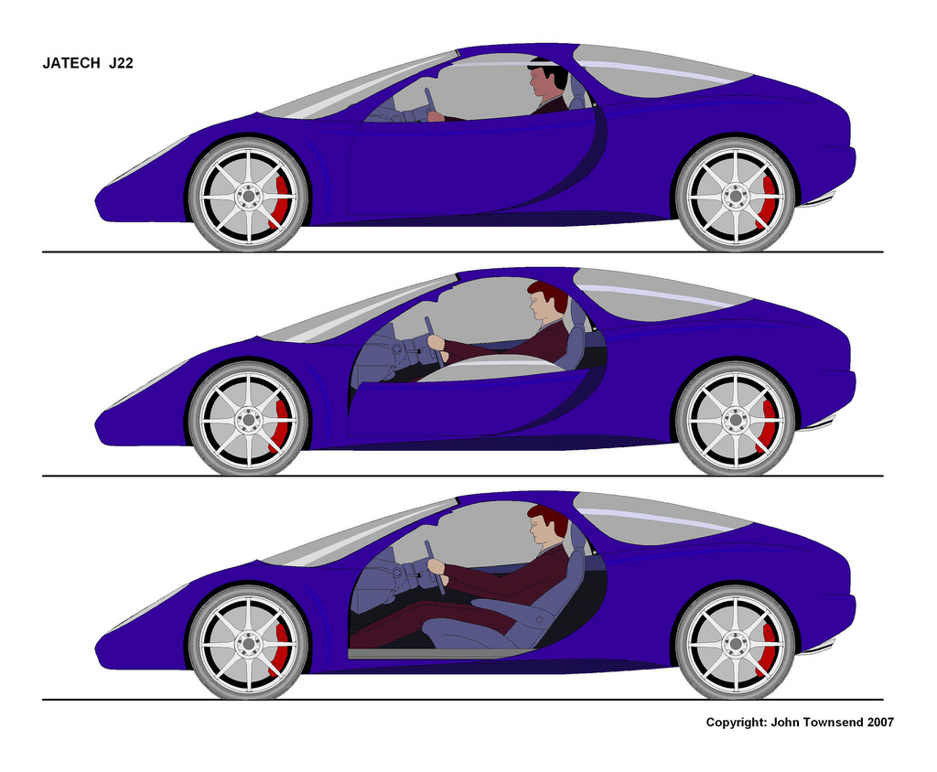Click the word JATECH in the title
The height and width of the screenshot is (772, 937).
(71, 63)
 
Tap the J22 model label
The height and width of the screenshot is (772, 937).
(122, 63)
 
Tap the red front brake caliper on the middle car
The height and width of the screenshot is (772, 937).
(282, 425)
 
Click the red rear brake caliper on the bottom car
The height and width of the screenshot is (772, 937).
(769, 649)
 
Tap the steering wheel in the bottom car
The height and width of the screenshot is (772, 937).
(435, 568)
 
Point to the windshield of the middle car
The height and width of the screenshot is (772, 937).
(359, 311)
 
